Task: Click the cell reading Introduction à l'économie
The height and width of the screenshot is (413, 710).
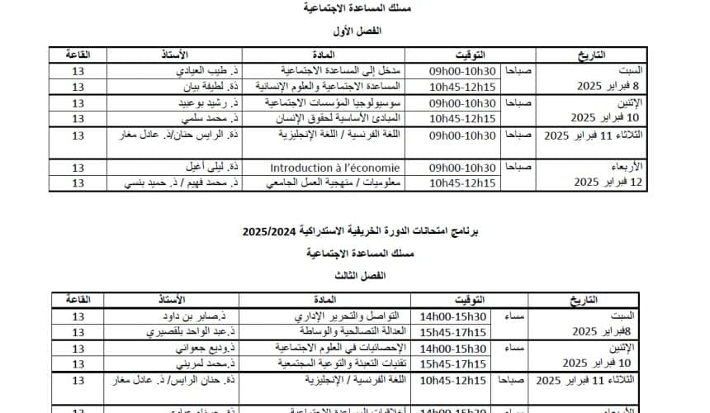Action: (334, 168)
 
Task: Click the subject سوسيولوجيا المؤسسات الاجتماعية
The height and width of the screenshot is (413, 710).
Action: (332, 103)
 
